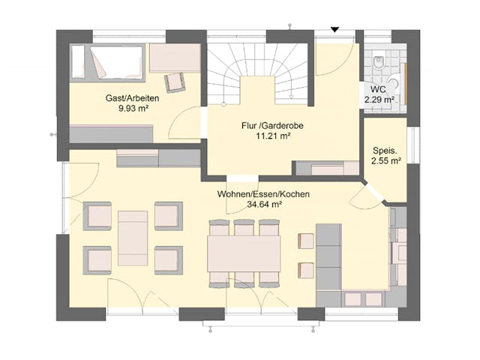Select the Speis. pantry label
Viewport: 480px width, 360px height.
coord(384,148)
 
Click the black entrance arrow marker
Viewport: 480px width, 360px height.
coord(335,30)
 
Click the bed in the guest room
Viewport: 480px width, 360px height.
coord(109,61)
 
